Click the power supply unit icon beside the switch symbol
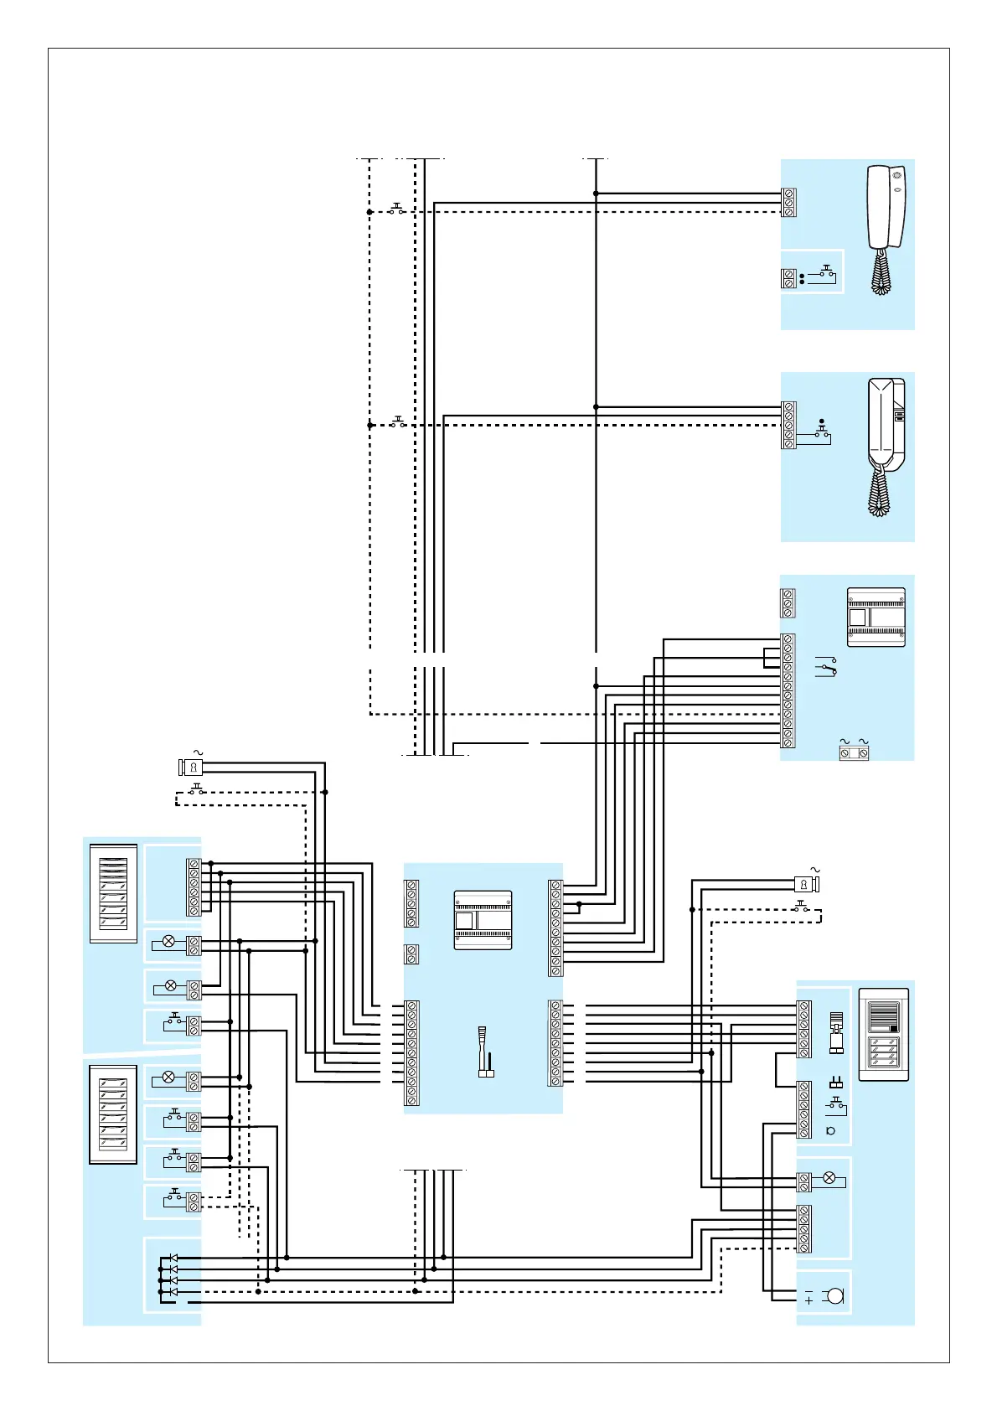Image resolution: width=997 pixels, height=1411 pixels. [x=876, y=618]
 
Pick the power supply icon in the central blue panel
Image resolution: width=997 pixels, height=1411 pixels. [x=483, y=920]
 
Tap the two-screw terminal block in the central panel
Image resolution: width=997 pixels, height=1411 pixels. [x=411, y=954]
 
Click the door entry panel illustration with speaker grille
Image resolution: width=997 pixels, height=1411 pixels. [x=883, y=1034]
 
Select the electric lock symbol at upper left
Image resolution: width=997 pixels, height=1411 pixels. [x=192, y=767]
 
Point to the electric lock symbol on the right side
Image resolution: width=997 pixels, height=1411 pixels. [x=805, y=884]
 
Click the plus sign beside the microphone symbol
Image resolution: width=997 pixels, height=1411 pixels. [x=808, y=1300]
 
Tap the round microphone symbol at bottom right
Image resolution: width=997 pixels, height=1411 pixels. [x=834, y=1296]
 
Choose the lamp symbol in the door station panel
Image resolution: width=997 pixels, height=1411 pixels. [x=829, y=1178]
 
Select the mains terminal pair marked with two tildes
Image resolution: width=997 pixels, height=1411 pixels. [x=854, y=753]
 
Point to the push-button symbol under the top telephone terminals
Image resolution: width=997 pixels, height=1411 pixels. [x=825, y=273]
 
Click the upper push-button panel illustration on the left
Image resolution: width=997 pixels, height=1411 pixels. [x=113, y=894]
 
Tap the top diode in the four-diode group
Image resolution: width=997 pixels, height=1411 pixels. [x=173, y=1258]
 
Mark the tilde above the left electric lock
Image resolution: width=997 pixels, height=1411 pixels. [x=199, y=752]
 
